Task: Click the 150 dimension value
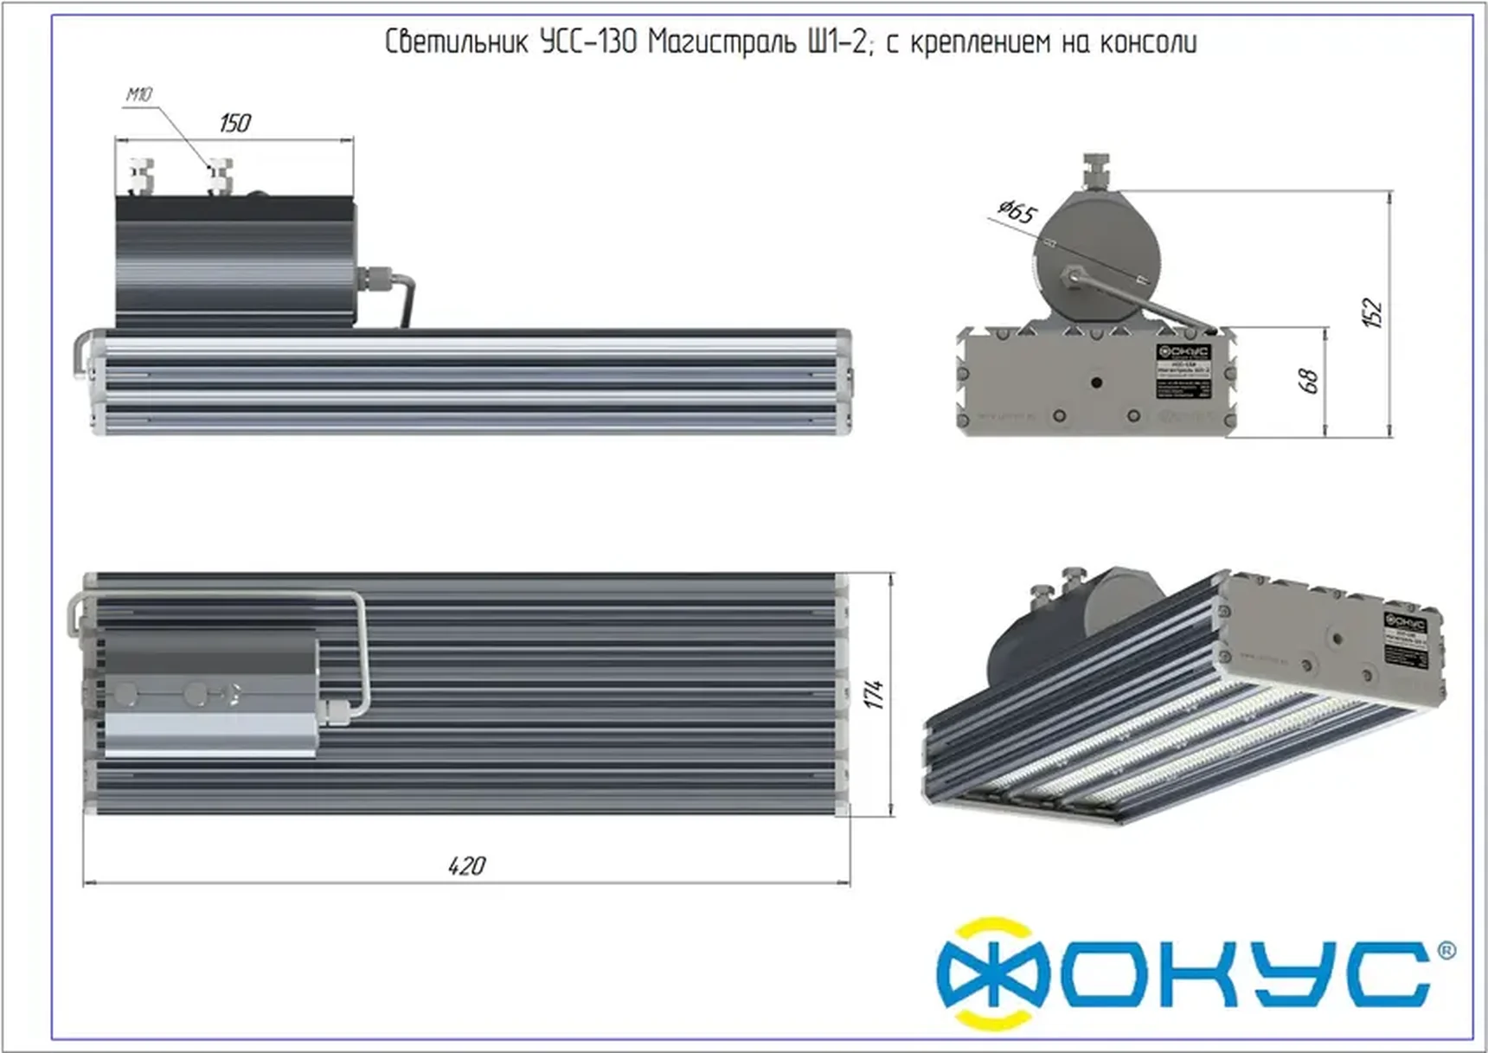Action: pos(235,123)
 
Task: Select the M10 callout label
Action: pos(138,94)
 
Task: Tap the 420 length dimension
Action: pos(466,865)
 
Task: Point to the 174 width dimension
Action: pos(875,694)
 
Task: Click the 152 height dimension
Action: pos(1373,312)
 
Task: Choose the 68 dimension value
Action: pos(1309,381)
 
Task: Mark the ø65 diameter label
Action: pos(1017,210)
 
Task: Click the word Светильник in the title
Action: pos(455,42)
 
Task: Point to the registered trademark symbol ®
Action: pos(1446,950)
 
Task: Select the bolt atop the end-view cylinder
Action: pos(1096,170)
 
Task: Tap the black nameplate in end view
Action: pos(1184,371)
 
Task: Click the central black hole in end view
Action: pos(1096,382)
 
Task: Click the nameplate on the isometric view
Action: pos(1405,639)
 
